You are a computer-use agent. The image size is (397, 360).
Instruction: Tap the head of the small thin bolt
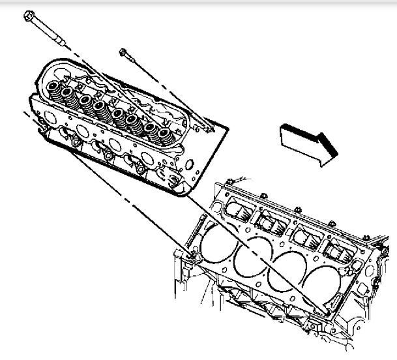point(124,51)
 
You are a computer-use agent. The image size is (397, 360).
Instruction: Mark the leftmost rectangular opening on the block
point(239,209)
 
